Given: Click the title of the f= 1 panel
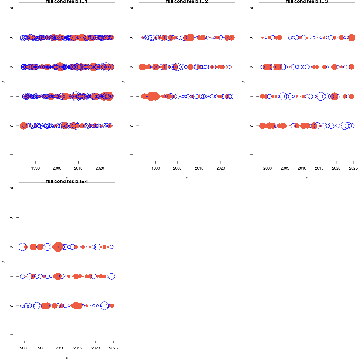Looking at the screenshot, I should (x=67, y=2).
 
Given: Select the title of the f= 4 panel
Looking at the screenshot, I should (x=67, y=181).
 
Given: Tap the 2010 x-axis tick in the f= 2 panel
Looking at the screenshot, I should (x=199, y=168).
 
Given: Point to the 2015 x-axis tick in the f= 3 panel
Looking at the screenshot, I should (x=319, y=168).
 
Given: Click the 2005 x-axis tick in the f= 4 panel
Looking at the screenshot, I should (x=42, y=348).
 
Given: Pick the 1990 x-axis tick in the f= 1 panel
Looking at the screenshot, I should (x=35, y=168).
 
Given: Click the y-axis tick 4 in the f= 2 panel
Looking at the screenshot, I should (x=132, y=8).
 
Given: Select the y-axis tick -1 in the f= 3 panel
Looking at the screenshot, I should (x=252, y=155).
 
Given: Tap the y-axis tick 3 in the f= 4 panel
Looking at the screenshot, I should (x=12, y=217).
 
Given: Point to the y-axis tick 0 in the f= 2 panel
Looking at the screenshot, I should (x=132, y=126).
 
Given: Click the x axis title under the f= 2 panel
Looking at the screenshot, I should (x=187, y=178).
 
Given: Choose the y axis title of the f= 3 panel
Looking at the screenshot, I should (x=243, y=82).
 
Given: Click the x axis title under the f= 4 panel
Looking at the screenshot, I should (x=67, y=358).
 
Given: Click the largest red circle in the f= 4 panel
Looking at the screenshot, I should (x=58, y=247).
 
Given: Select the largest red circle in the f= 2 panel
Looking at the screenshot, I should (x=154, y=96).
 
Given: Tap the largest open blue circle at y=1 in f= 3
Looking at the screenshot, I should (x=321, y=96).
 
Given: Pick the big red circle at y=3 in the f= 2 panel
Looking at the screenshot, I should (x=190, y=37).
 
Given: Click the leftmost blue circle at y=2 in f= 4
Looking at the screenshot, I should (x=22, y=247).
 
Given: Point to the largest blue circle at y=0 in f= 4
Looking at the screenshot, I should (x=104, y=306).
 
